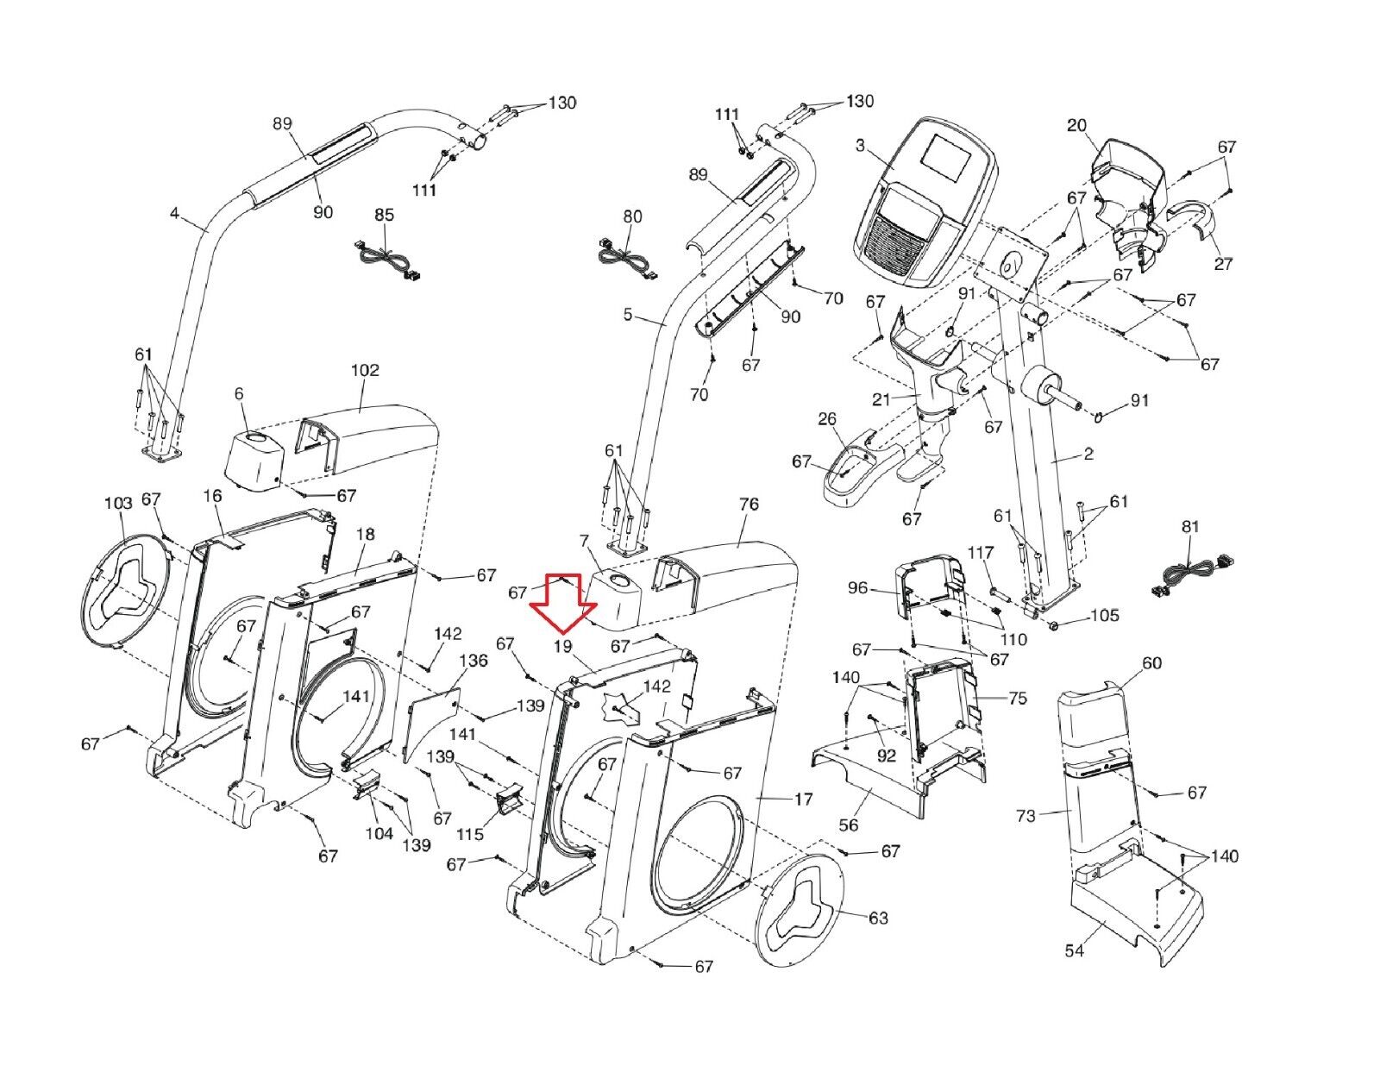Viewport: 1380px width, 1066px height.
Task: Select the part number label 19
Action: pyautogui.click(x=562, y=647)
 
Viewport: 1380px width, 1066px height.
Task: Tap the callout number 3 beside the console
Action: pyautogui.click(x=860, y=146)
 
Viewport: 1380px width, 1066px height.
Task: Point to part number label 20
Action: pyautogui.click(x=1077, y=125)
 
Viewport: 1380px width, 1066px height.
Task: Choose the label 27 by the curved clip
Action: pyautogui.click(x=1223, y=263)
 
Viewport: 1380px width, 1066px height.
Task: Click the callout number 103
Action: pyautogui.click(x=118, y=503)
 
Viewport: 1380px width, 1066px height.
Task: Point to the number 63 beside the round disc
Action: pyautogui.click(x=878, y=918)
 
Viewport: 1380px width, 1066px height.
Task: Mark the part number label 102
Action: pyautogui.click(x=365, y=369)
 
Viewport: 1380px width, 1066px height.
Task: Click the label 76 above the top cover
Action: pyautogui.click(x=750, y=504)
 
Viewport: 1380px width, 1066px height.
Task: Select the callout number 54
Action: pyautogui.click(x=1075, y=969)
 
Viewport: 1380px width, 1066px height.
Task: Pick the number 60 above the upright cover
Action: pyautogui.click(x=1152, y=663)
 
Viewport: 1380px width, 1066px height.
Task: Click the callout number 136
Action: pyautogui.click(x=474, y=661)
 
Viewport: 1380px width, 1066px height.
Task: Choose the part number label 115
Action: pyautogui.click(x=470, y=834)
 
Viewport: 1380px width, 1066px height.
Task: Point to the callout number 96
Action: pyautogui.click(x=857, y=588)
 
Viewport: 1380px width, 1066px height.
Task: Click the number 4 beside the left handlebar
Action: pyautogui.click(x=174, y=213)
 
